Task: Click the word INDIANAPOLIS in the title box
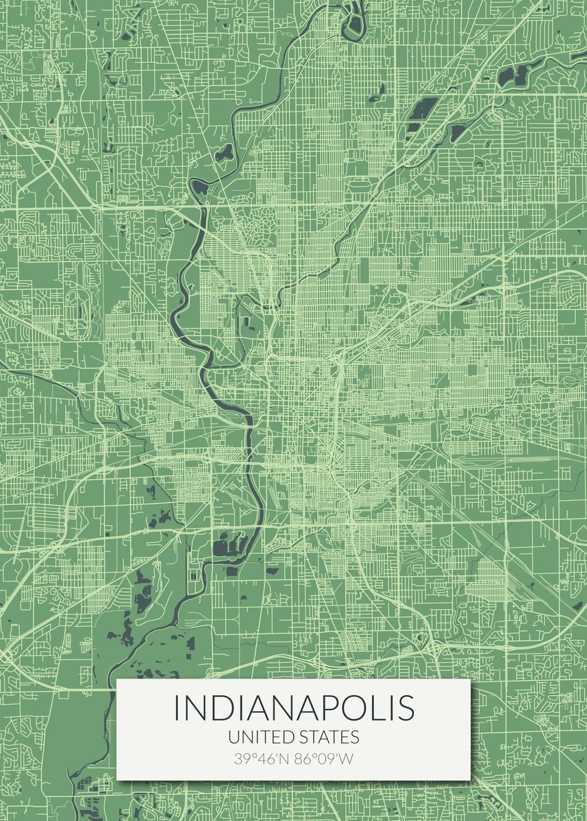(x=294, y=707)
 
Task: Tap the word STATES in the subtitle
(x=329, y=737)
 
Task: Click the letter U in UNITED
(x=234, y=737)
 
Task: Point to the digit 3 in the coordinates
(x=238, y=758)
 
